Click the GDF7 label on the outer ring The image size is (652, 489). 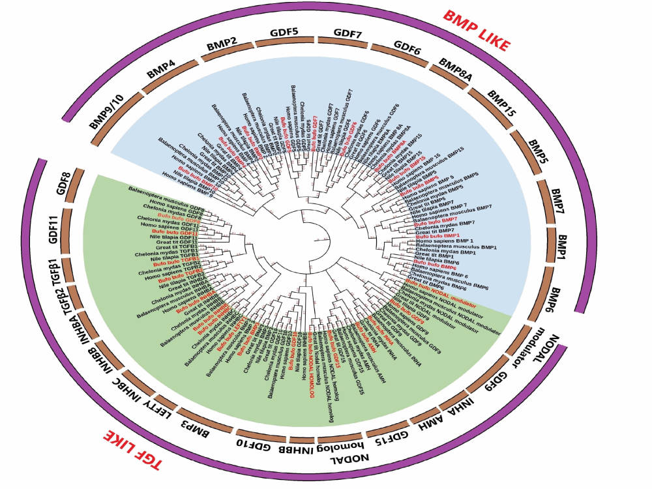click(350, 32)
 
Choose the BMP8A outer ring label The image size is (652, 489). click(454, 68)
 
